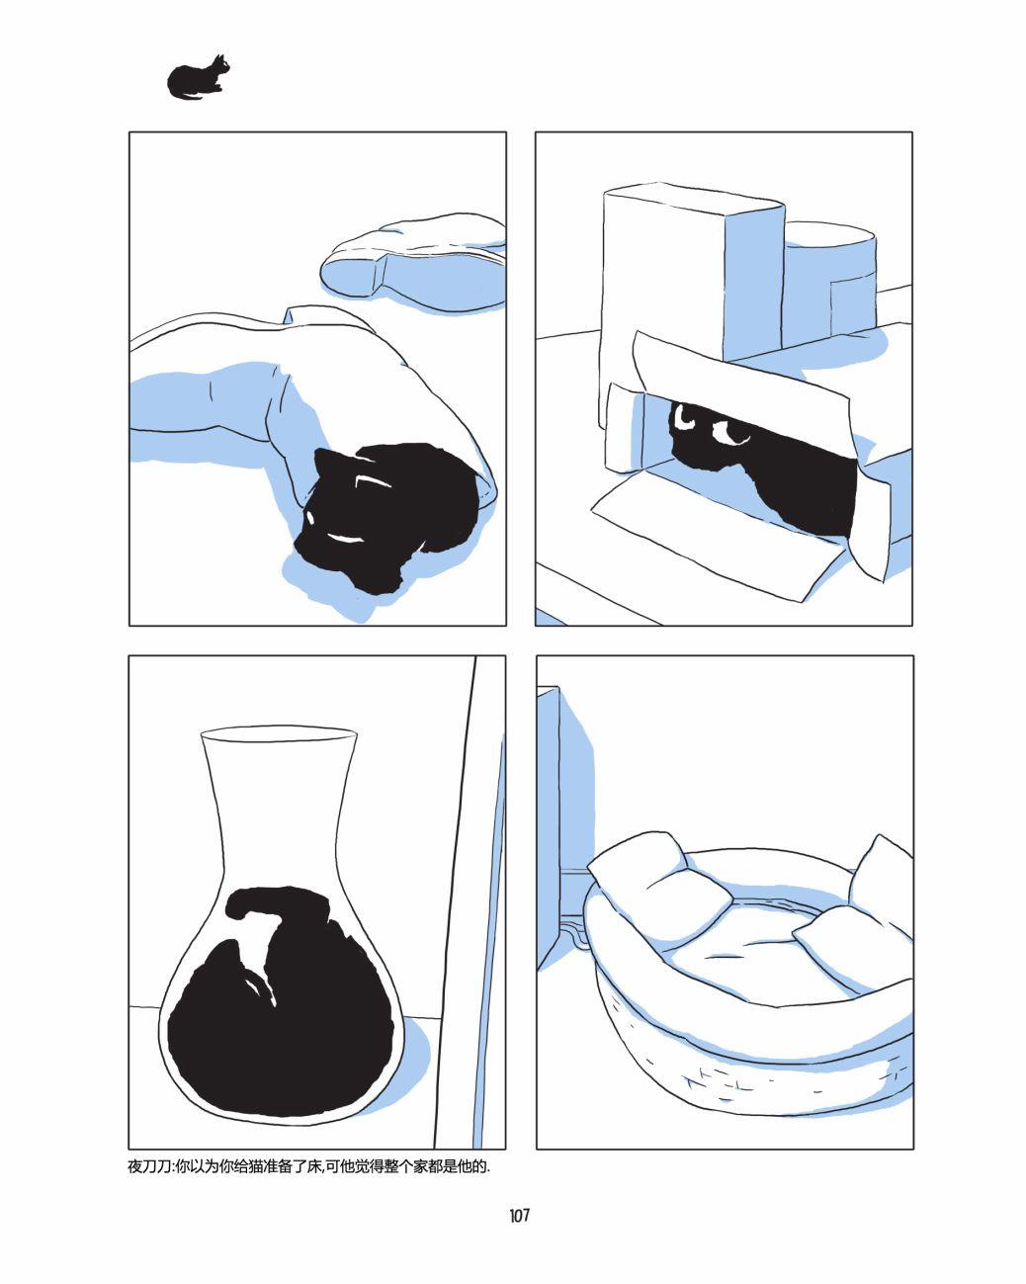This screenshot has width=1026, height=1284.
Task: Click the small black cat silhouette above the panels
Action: click(x=197, y=78)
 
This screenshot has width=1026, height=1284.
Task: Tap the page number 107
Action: click(x=519, y=1215)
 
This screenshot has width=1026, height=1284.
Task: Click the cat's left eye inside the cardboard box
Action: click(x=685, y=419)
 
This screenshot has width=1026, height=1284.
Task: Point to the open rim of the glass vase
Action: click(x=279, y=731)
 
